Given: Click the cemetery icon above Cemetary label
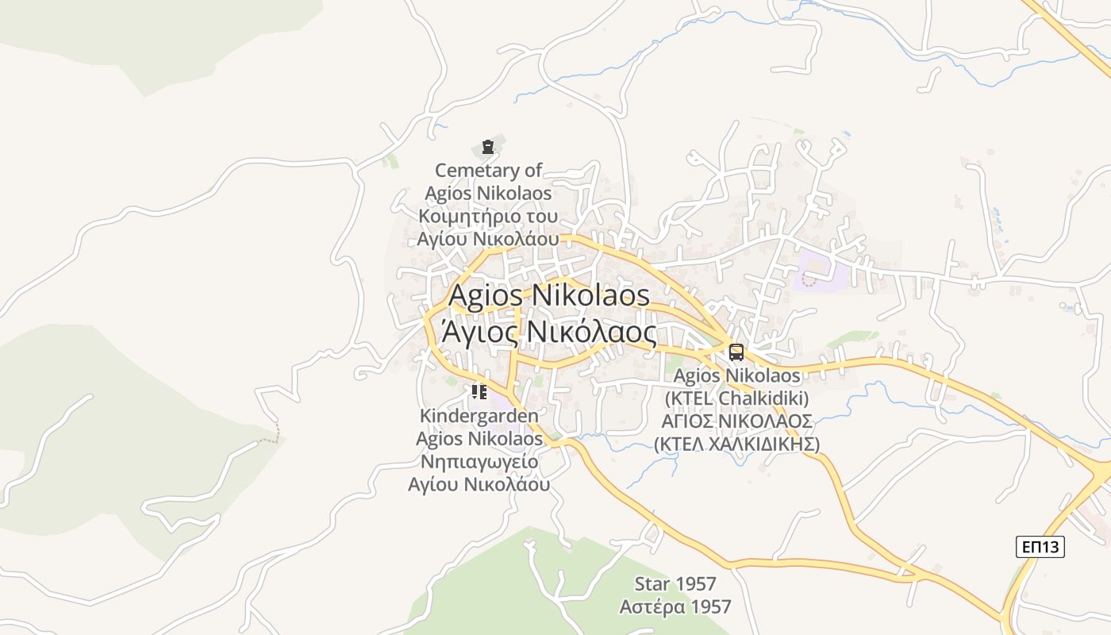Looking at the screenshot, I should coord(487,147).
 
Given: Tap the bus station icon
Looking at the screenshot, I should coord(736,352).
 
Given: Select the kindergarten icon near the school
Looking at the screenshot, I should coord(479,391).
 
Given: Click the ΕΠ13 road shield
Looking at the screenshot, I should coord(1040,546).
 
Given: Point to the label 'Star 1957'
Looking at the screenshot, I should coord(675,584).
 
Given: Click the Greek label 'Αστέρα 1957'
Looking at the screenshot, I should coord(675,607).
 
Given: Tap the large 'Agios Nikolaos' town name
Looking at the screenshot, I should coord(549,296).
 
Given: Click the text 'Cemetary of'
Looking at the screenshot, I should coord(488,170).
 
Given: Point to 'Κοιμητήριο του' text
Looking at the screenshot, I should coord(488,216).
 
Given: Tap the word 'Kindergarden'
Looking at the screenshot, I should coord(479,416).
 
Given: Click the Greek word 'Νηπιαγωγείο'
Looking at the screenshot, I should coord(479,461).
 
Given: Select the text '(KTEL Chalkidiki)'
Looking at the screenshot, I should coord(736,398).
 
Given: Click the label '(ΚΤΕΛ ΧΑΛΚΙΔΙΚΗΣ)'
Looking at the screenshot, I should coord(736,444).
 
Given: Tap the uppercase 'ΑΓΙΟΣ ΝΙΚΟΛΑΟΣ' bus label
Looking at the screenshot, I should coord(736,421).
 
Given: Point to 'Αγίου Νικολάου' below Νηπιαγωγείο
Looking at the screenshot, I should coord(479,484).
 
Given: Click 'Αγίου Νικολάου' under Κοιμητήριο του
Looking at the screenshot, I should coord(488,239).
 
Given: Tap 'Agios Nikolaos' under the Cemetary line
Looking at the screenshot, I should coord(488,193).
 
